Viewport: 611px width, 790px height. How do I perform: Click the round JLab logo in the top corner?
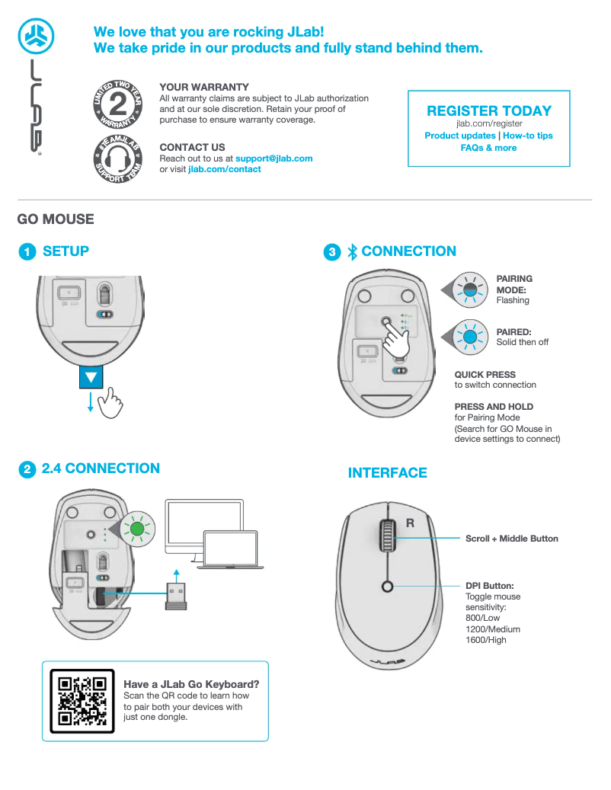(36, 35)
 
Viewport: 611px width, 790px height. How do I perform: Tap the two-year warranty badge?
(118, 104)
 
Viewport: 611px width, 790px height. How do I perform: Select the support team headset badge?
(118, 159)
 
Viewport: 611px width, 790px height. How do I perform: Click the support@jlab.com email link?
(274, 158)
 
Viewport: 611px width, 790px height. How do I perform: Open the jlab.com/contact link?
(224, 169)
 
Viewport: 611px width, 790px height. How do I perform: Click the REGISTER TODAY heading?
(488, 110)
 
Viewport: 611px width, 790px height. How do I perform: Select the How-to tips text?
(527, 136)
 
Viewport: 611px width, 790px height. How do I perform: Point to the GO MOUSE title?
(56, 219)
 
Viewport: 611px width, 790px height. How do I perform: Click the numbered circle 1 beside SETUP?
(27, 252)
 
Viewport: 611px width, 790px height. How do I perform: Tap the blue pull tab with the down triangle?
(91, 376)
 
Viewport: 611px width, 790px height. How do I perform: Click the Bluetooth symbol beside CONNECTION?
(352, 252)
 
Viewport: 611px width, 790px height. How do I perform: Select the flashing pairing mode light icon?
(469, 289)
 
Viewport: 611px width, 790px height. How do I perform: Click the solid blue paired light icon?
(469, 337)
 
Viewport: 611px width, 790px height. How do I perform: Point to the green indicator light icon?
(137, 528)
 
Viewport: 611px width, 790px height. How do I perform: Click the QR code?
(82, 701)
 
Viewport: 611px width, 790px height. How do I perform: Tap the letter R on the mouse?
(410, 523)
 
